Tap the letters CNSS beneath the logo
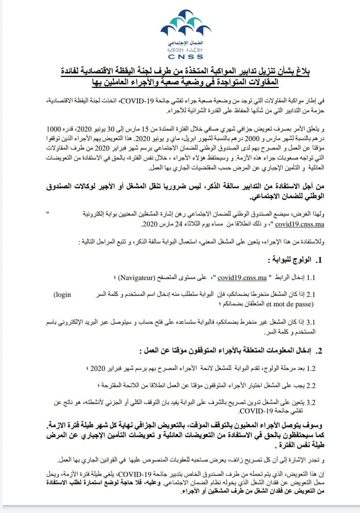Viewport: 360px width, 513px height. click(x=185, y=57)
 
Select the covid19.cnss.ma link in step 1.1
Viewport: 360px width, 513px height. click(x=242, y=278)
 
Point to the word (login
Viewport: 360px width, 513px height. click(x=62, y=294)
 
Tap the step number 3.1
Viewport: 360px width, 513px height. click(x=311, y=322)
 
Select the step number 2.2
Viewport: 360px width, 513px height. click(x=311, y=385)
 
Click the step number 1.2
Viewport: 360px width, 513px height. click(x=311, y=368)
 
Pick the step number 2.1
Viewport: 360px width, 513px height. click(x=311, y=295)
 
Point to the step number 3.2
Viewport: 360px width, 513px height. click(x=311, y=403)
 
